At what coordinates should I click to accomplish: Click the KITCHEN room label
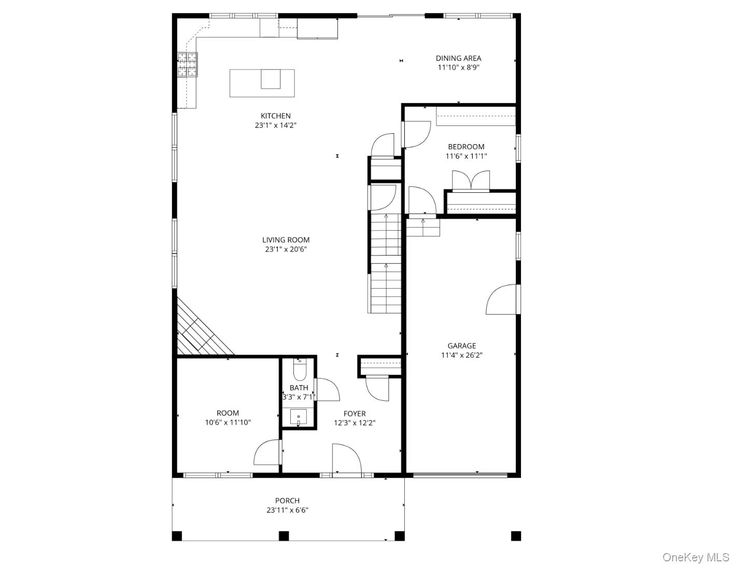tap(275, 116)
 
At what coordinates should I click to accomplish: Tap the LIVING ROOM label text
tap(286, 239)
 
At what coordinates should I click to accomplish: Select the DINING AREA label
tap(458, 58)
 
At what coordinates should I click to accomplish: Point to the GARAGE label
tap(461, 346)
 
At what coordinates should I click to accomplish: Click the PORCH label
tap(287, 501)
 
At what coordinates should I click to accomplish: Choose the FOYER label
tap(355, 414)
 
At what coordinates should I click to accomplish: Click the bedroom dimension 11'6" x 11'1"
tap(466, 156)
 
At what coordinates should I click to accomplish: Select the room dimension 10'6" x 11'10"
tap(228, 422)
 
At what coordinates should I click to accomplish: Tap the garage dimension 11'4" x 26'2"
tap(461, 355)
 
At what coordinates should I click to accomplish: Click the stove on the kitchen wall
tap(188, 65)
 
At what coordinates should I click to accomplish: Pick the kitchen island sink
tap(271, 79)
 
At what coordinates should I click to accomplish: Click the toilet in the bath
tap(300, 370)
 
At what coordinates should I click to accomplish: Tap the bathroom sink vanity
tap(299, 417)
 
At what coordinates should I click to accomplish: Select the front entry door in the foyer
tap(346, 460)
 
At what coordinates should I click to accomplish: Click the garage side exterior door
tap(502, 300)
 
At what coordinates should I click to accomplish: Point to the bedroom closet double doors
tap(471, 181)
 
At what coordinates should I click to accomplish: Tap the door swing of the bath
tap(327, 390)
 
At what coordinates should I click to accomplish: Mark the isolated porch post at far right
tap(516, 536)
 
